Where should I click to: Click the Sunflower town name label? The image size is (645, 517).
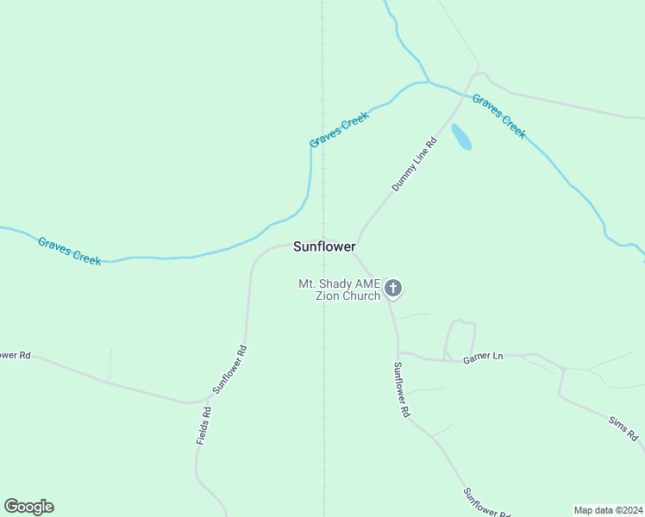324,246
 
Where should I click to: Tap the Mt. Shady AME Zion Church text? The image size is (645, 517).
339,290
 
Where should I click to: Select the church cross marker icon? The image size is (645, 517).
393,288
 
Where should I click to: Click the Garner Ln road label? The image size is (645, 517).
482,356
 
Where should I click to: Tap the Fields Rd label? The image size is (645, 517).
204,425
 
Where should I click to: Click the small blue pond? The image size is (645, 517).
461,136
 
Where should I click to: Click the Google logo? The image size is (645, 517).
28,507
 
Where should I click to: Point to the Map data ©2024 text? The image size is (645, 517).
607,509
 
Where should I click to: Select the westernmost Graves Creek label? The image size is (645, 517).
70,251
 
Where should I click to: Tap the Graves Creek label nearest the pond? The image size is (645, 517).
498,115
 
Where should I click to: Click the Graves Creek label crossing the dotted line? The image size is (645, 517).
339,129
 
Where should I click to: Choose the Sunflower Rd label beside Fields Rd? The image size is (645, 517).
230,370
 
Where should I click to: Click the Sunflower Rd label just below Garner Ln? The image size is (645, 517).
402,389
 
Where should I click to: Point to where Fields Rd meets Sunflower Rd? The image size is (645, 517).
210,399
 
